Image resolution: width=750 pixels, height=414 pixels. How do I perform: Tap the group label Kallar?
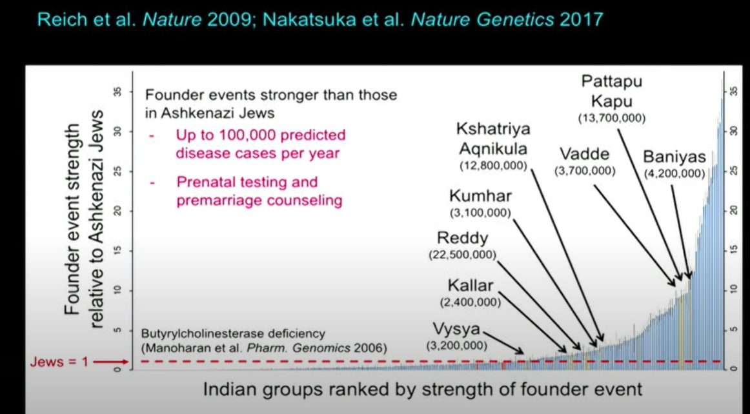tap(470, 286)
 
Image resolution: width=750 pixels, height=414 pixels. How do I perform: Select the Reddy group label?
tap(463, 239)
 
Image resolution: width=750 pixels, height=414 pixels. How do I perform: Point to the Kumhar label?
tap(480, 196)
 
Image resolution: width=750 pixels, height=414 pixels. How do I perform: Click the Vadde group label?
tap(585, 154)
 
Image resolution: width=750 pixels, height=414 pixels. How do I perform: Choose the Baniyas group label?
tap(674, 157)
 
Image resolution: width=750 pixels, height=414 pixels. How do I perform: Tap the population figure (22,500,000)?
tap(463, 255)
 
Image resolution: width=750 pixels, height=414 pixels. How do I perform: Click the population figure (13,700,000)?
tap(612, 118)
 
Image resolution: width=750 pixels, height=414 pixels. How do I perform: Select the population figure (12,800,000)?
tap(494, 166)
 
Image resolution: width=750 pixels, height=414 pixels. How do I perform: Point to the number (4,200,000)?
tap(674, 173)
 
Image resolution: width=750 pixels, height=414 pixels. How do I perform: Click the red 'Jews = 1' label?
tap(59, 362)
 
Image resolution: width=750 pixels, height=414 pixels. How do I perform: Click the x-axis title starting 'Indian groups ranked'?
tap(422, 389)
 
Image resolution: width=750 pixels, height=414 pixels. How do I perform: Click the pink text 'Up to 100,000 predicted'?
tap(261, 135)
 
